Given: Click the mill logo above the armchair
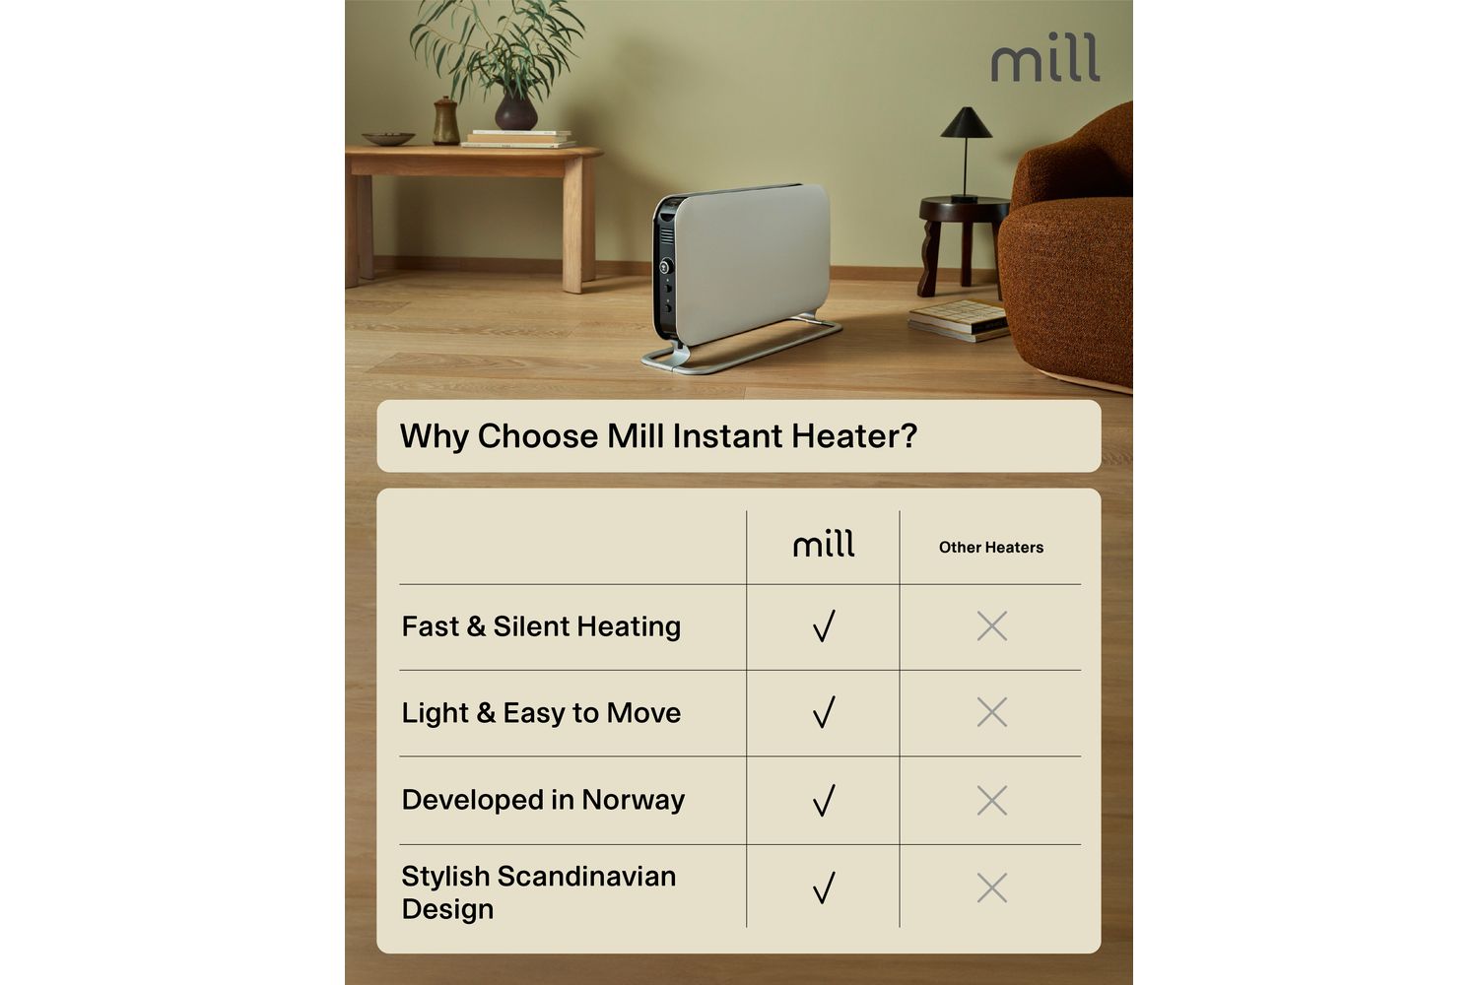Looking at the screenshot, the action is (x=1045, y=57).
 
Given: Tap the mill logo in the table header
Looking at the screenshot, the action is (x=824, y=543).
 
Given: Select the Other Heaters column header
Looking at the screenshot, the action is (x=991, y=547).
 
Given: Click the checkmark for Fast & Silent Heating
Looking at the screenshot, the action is (x=824, y=625).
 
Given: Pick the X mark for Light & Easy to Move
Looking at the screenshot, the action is (x=991, y=712).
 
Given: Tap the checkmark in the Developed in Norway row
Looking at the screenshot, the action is (x=824, y=800).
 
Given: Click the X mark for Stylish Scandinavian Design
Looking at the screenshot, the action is (x=991, y=887).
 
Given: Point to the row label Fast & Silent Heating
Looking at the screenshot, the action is (x=541, y=626).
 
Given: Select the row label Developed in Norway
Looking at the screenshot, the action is (x=543, y=800).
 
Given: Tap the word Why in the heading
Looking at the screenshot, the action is (x=435, y=436).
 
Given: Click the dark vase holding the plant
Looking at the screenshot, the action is (x=516, y=111).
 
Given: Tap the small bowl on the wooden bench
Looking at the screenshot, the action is (x=388, y=139).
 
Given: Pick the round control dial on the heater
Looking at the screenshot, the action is (x=665, y=267).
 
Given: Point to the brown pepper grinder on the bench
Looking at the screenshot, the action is (x=445, y=121).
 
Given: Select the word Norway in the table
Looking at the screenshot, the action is (x=634, y=800).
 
